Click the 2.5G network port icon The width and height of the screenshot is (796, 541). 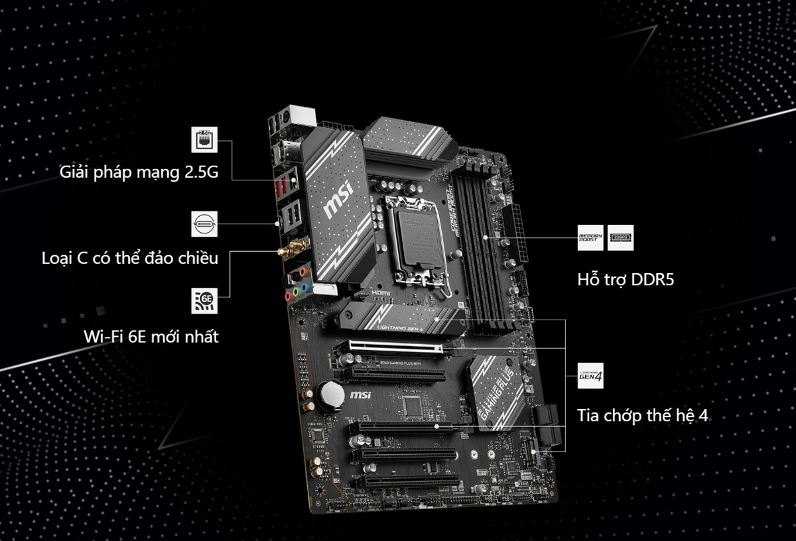[204, 141]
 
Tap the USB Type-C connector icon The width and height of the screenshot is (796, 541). [204, 224]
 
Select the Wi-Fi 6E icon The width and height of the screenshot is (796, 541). [204, 300]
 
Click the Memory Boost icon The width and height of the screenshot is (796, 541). [590, 237]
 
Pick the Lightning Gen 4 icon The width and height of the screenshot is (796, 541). [590, 377]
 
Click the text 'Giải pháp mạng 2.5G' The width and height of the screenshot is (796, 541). [139, 172]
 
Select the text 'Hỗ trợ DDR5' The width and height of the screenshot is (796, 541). [625, 280]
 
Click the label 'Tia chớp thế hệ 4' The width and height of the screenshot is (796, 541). [643, 416]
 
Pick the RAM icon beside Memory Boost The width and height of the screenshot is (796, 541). [620, 237]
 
